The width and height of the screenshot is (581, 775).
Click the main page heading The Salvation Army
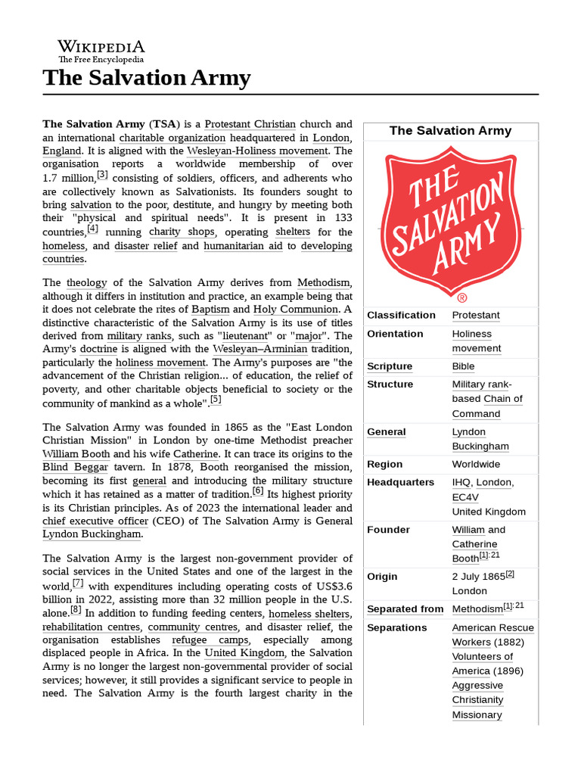[147, 77]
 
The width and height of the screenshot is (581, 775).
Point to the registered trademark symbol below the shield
[462, 298]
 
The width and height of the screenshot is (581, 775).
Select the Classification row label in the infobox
[401, 315]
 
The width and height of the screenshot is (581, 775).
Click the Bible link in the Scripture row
[464, 366]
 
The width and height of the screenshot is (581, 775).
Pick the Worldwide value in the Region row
[476, 464]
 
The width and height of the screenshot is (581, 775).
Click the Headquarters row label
[400, 482]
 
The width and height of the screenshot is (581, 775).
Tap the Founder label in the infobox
[388, 530]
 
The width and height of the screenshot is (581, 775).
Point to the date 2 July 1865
[478, 577]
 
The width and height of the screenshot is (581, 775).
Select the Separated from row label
[405, 608]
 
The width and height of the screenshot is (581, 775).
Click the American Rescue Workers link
[492, 635]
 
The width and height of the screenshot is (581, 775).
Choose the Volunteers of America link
[482, 664]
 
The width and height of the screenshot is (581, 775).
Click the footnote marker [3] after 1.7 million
[102, 175]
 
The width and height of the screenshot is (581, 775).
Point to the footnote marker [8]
[76, 610]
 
